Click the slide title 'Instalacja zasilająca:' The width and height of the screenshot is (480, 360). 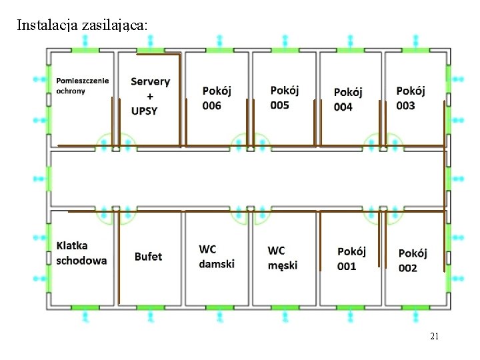pyautogui.click(x=83, y=26)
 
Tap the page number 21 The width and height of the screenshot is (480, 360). pyautogui.click(x=434, y=337)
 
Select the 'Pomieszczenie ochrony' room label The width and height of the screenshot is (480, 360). pyautogui.click(x=83, y=85)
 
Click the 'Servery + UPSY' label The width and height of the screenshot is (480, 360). pyautogui.click(x=150, y=96)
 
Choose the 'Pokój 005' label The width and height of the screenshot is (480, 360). pyautogui.click(x=285, y=97)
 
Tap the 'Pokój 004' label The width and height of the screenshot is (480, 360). pyautogui.click(x=348, y=99)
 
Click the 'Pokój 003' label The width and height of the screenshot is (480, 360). pyautogui.click(x=410, y=98)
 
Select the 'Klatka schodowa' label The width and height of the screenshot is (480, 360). pyautogui.click(x=81, y=253)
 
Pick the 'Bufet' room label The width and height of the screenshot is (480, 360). pyautogui.click(x=148, y=257)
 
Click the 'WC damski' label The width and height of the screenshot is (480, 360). pyautogui.click(x=217, y=257)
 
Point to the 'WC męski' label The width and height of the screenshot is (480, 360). pyautogui.click(x=283, y=257)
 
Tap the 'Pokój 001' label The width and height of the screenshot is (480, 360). pyautogui.click(x=351, y=259)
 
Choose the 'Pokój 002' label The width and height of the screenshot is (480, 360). pyautogui.click(x=413, y=260)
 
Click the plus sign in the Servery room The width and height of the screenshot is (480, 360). pyautogui.click(x=149, y=96)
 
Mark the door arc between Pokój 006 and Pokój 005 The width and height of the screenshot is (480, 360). pyautogui.click(x=249, y=141)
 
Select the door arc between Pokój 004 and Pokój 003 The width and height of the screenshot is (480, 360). pyautogui.click(x=383, y=141)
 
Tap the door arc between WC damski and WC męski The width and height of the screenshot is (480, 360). pyautogui.click(x=249, y=215)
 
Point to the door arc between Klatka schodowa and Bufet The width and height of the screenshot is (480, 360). pyautogui.click(x=115, y=215)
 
